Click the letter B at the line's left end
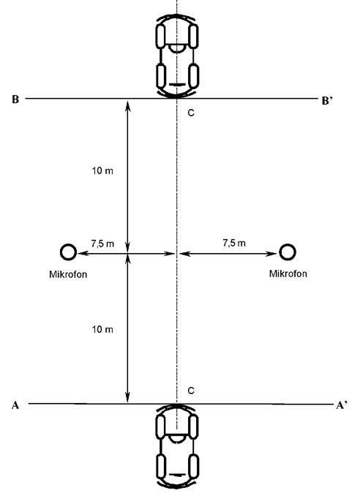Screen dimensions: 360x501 click(15, 99)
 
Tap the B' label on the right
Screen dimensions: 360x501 click(327, 101)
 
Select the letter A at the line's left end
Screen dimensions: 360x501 click(15, 405)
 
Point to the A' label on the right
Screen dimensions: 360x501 click(342, 405)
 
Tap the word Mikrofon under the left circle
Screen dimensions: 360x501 click(68, 274)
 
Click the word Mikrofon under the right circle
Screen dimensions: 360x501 click(288, 274)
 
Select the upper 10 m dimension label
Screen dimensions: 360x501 click(102, 171)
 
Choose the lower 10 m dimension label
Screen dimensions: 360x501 click(102, 329)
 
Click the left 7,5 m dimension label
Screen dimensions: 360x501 click(102, 244)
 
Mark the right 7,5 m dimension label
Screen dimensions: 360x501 click(234, 243)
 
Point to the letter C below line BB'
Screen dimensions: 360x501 click(191, 113)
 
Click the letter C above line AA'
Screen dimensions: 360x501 click(191, 391)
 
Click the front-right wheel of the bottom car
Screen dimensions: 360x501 click(194, 426)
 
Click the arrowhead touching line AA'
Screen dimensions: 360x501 click(127, 397)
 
